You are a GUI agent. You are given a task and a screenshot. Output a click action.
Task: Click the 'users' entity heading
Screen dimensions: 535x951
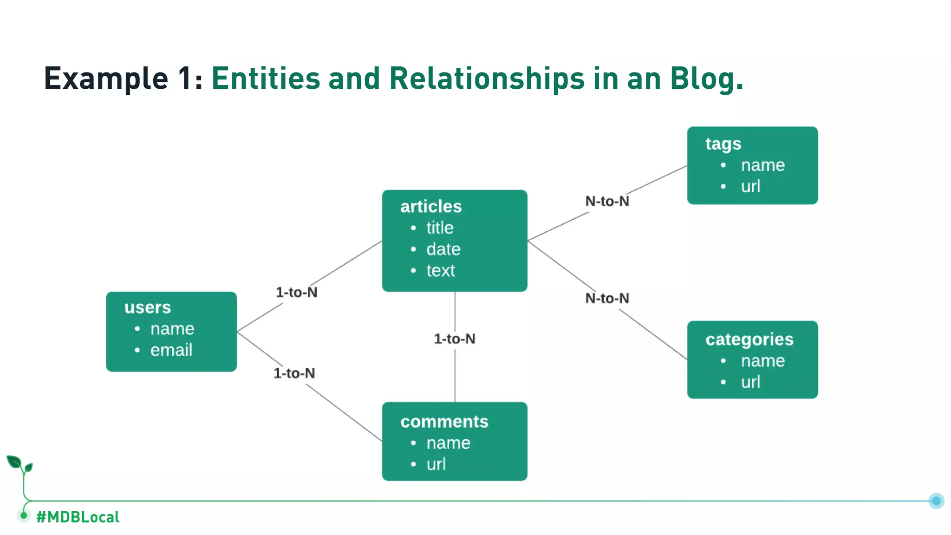click(x=148, y=307)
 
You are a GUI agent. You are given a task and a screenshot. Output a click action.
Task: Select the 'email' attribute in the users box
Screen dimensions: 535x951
click(x=171, y=350)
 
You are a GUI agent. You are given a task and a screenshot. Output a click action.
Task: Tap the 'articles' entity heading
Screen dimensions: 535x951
click(x=431, y=206)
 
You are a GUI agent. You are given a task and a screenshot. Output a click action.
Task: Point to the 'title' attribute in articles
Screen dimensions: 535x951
click(x=440, y=228)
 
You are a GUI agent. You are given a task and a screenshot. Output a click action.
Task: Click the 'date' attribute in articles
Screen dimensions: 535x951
click(x=443, y=249)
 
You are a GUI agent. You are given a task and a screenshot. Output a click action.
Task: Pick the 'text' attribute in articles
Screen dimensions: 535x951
click(x=441, y=270)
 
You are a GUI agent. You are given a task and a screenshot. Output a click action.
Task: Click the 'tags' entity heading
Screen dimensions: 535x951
click(x=723, y=144)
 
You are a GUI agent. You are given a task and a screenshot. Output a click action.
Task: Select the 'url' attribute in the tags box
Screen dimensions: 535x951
click(x=750, y=186)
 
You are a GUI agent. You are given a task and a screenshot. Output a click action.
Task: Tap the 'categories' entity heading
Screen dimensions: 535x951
click(x=749, y=339)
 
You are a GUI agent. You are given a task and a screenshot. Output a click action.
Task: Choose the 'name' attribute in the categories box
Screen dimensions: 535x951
click(x=762, y=361)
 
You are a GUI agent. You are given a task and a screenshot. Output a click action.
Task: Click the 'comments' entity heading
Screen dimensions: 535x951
click(x=444, y=422)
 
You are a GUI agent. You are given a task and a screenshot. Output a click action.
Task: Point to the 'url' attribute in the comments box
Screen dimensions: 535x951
click(x=436, y=464)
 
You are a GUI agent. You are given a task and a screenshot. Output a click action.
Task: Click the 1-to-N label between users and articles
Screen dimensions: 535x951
click(x=297, y=292)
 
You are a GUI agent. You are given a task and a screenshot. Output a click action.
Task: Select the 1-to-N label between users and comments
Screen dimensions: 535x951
click(x=294, y=373)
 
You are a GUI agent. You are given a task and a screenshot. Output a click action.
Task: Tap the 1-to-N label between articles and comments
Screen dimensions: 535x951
click(x=455, y=339)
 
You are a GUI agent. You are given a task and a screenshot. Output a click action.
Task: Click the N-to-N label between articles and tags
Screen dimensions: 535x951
click(x=607, y=201)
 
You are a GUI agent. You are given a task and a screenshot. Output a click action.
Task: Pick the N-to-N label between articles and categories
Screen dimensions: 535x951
click(x=607, y=298)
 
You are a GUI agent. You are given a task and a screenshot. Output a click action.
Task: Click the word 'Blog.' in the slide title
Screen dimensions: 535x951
click(x=706, y=78)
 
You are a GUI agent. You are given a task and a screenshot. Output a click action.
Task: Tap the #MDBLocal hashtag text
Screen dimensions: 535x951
click(x=78, y=517)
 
